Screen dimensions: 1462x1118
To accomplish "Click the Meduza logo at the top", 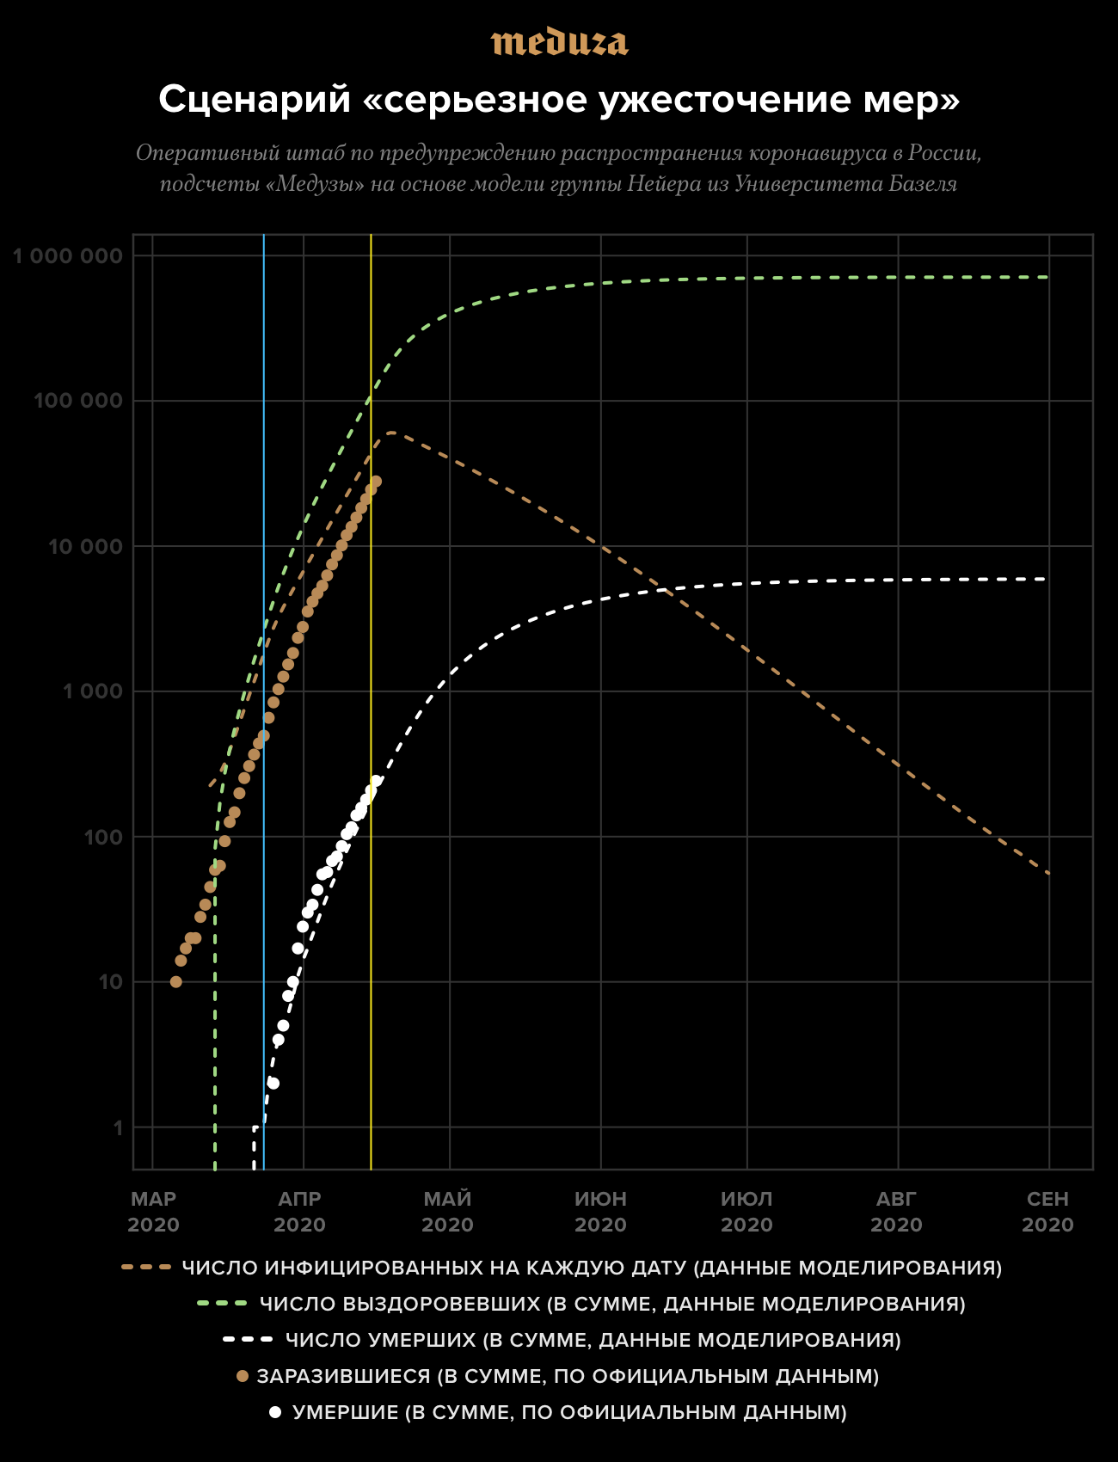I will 559,42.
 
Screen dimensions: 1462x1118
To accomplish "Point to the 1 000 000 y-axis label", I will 68,256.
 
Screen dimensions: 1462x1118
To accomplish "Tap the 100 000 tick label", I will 78,402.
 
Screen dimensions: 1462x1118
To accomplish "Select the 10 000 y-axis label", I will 85,547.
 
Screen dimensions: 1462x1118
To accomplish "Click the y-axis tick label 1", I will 119,1128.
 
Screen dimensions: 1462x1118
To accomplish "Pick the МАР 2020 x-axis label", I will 153,1212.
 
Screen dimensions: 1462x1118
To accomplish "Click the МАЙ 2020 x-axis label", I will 448,1212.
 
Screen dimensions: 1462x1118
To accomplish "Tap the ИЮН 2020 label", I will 600,1212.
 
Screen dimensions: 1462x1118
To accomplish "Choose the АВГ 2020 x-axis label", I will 897,1212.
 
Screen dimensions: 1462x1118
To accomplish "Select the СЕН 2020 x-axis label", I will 1047,1212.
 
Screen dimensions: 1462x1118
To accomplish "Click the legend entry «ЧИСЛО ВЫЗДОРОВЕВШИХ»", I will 612,1304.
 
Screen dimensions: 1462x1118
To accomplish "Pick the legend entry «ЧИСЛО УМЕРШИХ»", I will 593,1340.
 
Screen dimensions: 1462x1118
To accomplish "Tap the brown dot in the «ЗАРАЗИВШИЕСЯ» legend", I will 243,1377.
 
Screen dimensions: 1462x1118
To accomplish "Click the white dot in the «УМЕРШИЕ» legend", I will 275,1413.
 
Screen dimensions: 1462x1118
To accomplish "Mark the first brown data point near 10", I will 176,981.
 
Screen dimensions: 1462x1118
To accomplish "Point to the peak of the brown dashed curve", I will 391,433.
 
